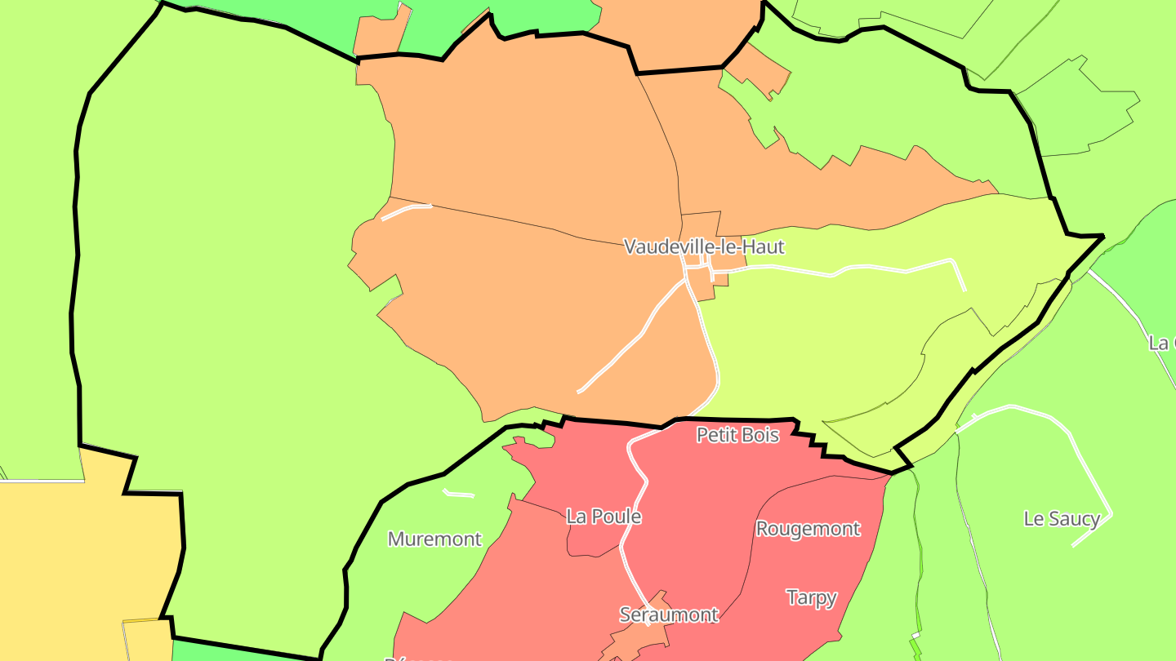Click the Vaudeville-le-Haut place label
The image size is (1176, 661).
(x=704, y=246)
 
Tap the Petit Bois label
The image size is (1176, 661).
(x=737, y=435)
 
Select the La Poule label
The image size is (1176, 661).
(x=604, y=517)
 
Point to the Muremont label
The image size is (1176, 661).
(x=434, y=539)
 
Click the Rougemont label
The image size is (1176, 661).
(x=808, y=529)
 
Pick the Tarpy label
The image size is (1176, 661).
(x=811, y=598)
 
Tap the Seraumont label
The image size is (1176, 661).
(x=669, y=614)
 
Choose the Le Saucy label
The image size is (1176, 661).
(x=1062, y=519)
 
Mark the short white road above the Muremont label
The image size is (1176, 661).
(x=458, y=494)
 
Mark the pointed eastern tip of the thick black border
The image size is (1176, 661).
(x=1102, y=237)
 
